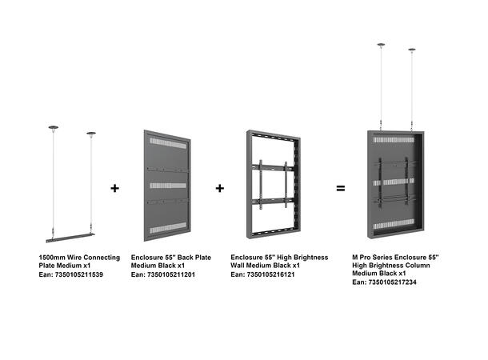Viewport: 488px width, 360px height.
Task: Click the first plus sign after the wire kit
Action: (114, 189)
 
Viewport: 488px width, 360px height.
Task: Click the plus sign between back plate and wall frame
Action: (220, 189)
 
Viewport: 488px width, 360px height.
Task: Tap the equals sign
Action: (340, 189)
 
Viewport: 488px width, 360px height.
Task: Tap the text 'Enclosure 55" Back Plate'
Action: (170, 258)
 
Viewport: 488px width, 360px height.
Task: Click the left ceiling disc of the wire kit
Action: (53, 126)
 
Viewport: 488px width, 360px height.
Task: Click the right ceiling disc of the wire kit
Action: (90, 134)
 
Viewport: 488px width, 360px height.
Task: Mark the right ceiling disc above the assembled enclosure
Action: (413, 50)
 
